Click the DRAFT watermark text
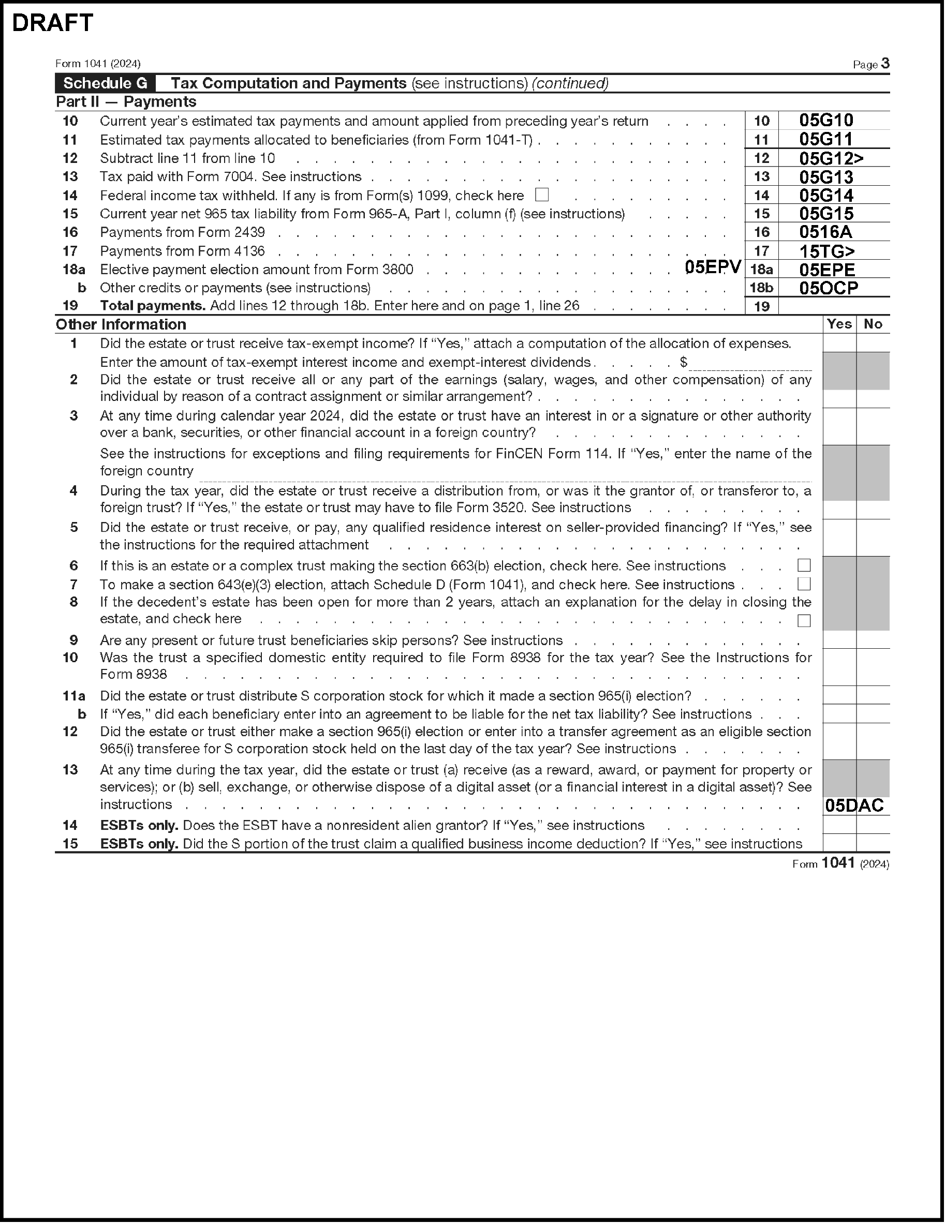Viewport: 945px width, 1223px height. [52, 23]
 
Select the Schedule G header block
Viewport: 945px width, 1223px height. [105, 83]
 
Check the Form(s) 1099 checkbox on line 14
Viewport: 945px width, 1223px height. [542, 195]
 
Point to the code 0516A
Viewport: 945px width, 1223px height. [825, 232]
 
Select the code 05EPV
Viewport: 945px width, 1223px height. [713, 267]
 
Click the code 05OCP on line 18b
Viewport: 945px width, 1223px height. [828, 288]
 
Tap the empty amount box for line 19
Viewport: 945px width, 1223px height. [833, 306]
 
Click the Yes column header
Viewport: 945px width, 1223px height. [838, 324]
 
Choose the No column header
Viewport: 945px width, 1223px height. [872, 324]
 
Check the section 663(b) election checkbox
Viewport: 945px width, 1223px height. [804, 565]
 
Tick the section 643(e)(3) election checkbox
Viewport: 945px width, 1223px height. [804, 584]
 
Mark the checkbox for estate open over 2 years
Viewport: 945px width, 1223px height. [804, 620]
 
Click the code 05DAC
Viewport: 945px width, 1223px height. [854, 806]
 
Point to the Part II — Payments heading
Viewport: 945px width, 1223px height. [126, 102]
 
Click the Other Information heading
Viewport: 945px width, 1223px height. [121, 325]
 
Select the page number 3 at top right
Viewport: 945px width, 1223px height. [885, 63]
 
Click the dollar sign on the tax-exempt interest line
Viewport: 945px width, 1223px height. [684, 362]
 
